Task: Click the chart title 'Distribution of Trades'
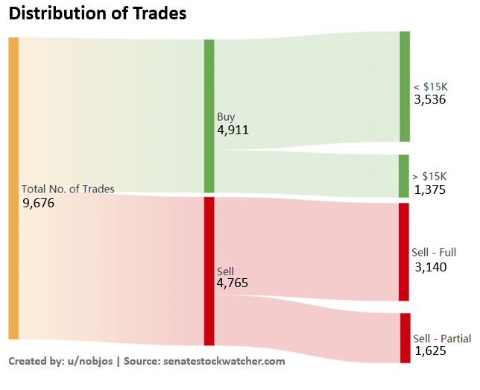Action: click(97, 13)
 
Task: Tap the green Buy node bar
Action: click(209, 116)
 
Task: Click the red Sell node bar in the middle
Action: click(209, 271)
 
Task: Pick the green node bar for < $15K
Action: click(405, 87)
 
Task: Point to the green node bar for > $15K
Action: click(404, 176)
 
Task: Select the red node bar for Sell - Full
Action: click(404, 251)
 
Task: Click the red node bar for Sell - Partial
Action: click(405, 338)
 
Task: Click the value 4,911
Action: click(233, 130)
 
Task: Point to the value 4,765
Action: click(233, 283)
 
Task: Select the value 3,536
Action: click(429, 99)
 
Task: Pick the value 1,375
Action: click(429, 190)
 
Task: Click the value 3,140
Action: click(431, 267)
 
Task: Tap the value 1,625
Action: click(431, 351)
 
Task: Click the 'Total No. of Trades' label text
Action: click(68, 189)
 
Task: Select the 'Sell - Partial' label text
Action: click(441, 339)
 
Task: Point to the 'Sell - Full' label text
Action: click(434, 253)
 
